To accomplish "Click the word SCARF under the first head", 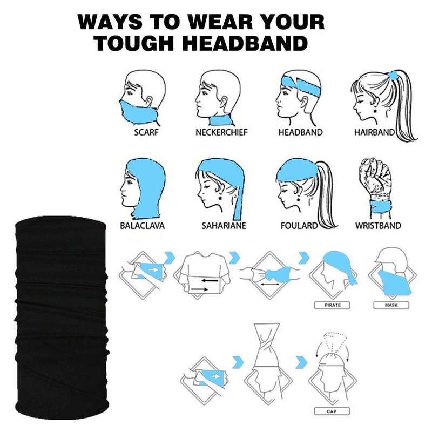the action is pos(146,132).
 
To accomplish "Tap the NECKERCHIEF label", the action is pos(221,132).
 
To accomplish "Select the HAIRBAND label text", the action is pos(374,132).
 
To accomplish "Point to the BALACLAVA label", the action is pos(142,226).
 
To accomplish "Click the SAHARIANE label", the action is pos(224,226).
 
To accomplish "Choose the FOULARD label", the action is pos(299,226).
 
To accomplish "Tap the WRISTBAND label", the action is pos(378,226).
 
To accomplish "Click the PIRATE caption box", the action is pos(332,305).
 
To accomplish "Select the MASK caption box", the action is pos(391,305).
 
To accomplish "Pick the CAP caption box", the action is pos(332,411).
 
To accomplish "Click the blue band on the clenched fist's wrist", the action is pos(381,206).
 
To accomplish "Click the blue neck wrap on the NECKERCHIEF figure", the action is pos(220,120).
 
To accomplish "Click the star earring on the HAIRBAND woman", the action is pos(375,112).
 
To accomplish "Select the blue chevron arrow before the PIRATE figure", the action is pos(304,258).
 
